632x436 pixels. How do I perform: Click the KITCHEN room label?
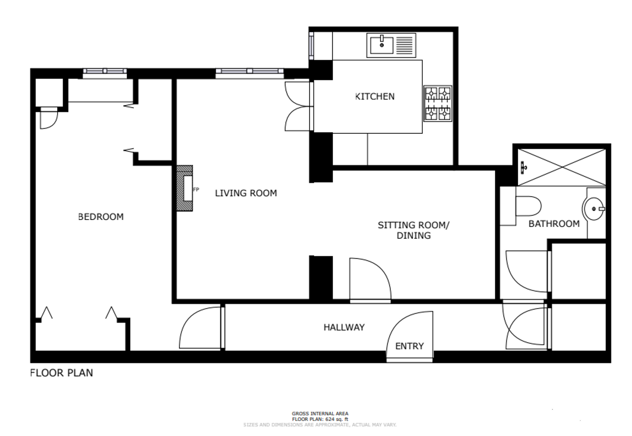pos(375,96)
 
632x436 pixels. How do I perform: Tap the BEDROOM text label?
pos(101,217)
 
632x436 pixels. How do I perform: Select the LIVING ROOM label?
pos(246,193)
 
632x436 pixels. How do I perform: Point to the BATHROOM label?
pos(554,224)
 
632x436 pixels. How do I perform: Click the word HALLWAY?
pos(344,327)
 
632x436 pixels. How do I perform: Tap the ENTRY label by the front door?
pos(410,346)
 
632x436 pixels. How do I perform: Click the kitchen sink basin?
pos(382,45)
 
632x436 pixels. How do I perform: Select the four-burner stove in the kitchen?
pos(438,103)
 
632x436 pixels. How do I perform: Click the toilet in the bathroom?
pos(528,206)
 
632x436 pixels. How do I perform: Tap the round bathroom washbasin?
pos(594,209)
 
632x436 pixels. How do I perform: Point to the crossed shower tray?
pos(562,167)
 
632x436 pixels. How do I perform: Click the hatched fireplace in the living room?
pos(185,188)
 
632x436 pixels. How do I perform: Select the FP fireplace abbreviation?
pos(196,189)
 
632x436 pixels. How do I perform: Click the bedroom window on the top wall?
pos(105,72)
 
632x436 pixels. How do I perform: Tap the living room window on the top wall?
pos(250,72)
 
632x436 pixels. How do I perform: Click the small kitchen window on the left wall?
pos(312,46)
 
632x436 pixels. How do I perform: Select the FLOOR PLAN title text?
pos(62,373)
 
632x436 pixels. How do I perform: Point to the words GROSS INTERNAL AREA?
pos(320,414)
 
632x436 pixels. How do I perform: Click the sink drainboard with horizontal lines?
pos(404,45)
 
